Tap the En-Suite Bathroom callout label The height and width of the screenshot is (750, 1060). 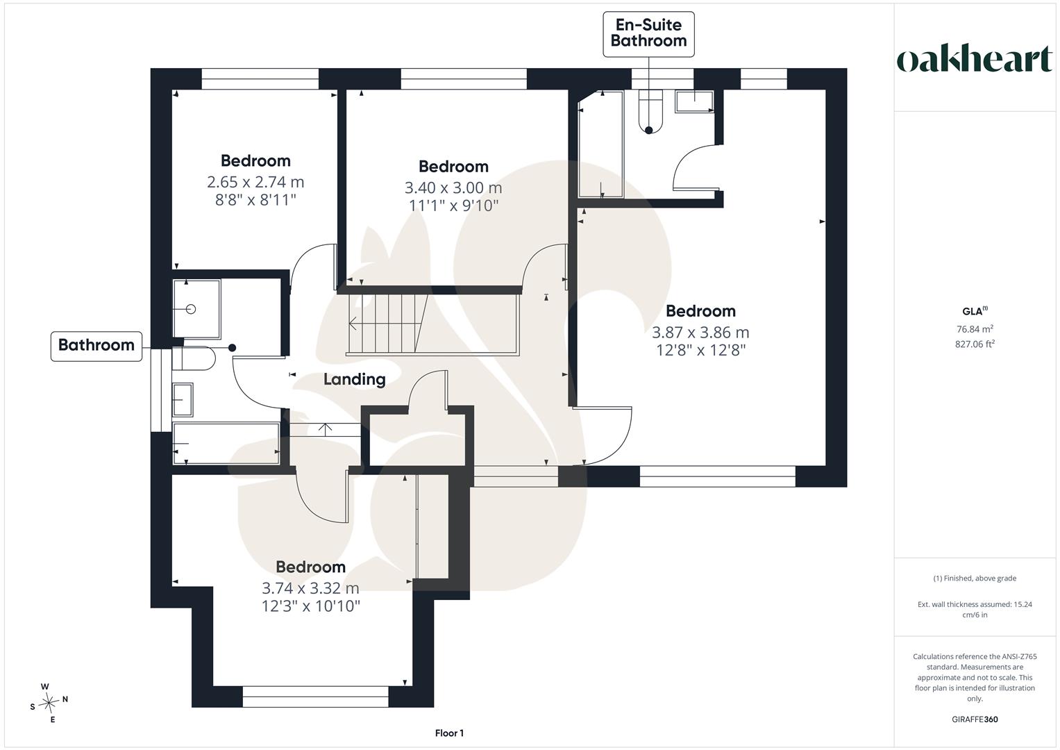click(648, 33)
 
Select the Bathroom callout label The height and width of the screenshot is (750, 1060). click(96, 345)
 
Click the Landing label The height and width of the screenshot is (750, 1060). click(355, 379)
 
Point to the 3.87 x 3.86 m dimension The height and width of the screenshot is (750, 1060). click(700, 333)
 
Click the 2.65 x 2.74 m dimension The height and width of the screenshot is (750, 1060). click(255, 182)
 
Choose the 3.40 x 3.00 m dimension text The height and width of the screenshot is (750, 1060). click(453, 188)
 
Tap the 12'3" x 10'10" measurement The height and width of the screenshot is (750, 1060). click(311, 606)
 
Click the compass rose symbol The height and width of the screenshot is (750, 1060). click(49, 703)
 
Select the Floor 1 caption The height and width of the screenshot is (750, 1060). click(449, 733)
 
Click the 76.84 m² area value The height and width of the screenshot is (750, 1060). click(975, 328)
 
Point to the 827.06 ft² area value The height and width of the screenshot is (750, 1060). click(975, 344)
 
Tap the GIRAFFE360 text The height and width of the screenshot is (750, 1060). click(975, 719)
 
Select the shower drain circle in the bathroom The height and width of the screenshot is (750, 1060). click(191, 310)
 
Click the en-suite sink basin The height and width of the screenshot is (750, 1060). click(694, 101)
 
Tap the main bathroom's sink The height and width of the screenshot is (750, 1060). click(182, 399)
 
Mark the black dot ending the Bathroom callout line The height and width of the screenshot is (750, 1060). click(233, 348)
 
